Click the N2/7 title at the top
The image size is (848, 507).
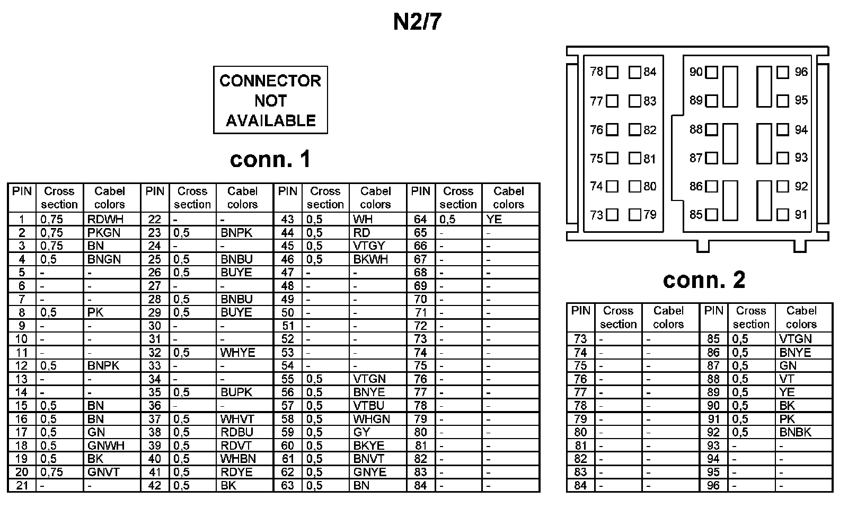pos(417,22)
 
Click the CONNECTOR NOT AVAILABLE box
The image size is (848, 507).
pos(270,100)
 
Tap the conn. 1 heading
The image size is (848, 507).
pos(270,159)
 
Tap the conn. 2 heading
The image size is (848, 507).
pos(704,279)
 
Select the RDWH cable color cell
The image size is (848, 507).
pos(104,219)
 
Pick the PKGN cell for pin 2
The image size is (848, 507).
pos(104,232)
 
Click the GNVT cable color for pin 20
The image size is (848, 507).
pos(104,472)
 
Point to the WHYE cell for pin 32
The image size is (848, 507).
pos(238,352)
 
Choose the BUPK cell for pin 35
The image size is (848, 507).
pos(236,392)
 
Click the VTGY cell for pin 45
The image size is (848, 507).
pos(369,246)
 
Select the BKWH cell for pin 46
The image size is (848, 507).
pos(370,259)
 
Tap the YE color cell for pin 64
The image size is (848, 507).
pos(494,219)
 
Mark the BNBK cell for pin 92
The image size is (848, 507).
pos(795,432)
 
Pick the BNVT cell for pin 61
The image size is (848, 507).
pos(368,459)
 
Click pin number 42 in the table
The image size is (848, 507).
pos(155,485)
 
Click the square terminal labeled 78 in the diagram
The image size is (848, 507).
pos(612,72)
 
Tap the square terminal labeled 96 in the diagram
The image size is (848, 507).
pos(783,72)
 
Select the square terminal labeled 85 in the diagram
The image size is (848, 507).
pos(712,215)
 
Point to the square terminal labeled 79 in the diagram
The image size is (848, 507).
pos(635,215)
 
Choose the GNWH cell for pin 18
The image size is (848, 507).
pos(106,445)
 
